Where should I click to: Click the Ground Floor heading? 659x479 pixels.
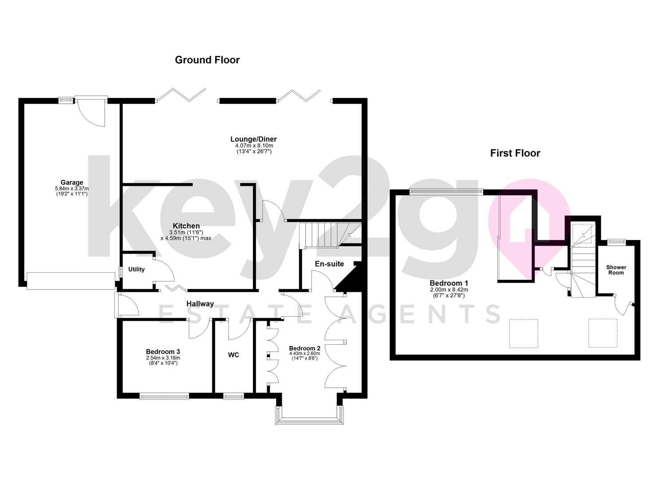pos(207,60)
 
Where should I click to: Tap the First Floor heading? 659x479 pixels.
pos(515,153)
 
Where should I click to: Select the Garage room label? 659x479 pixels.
pos(72,182)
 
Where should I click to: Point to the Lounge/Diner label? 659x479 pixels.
pos(253,139)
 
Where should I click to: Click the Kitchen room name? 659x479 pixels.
pos(186,226)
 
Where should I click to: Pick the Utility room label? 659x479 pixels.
pos(136,269)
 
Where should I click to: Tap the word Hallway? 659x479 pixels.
pos(200,304)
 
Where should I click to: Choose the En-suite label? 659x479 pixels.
pos(329,264)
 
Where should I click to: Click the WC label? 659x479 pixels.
pos(233,355)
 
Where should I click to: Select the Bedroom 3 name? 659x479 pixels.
pos(163,352)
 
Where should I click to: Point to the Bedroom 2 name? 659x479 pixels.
pos(304,348)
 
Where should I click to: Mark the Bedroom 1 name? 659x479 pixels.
pos(449,283)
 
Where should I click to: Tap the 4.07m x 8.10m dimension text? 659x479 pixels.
pos(254,145)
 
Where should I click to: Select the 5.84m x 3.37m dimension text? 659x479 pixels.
pos(72,188)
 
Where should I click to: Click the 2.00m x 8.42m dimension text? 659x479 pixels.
pos(449,290)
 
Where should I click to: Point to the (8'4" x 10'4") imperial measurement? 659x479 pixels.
pos(163,363)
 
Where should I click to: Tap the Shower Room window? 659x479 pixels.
pos(616,242)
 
